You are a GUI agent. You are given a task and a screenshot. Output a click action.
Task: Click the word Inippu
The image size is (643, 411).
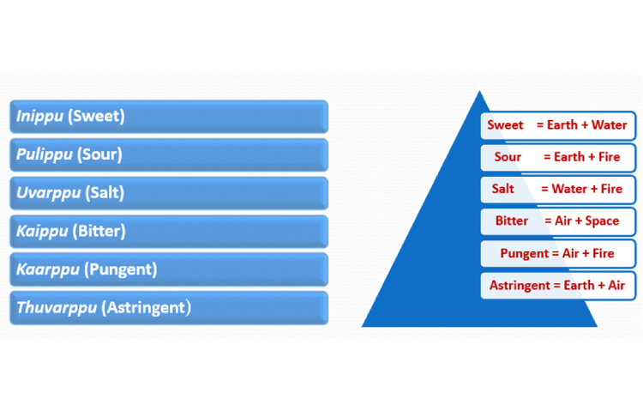pos(39,116)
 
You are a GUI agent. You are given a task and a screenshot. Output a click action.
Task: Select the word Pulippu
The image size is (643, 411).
pos(45,154)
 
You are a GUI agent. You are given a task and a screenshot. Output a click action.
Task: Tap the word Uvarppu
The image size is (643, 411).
pos(48,193)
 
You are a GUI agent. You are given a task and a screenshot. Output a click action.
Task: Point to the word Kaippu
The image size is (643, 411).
pos(42,232)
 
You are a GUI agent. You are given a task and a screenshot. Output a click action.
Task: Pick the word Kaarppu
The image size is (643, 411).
pos(47,269)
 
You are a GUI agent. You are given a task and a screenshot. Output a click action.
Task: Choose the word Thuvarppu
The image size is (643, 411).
pos(57,307)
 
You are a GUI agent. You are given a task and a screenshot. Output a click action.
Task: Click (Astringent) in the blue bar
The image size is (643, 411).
pos(146,307)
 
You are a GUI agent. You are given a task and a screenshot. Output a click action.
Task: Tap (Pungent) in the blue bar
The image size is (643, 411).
pos(121,269)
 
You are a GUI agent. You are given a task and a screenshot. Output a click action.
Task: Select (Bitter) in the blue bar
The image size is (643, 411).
pos(99,231)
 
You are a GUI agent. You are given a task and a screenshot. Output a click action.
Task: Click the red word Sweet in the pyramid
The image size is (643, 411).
pos(505,124)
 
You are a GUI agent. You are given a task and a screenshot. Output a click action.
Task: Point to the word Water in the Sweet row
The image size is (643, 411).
pos(609,124)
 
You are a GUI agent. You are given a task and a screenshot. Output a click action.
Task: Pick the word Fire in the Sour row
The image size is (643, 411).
pos(609,157)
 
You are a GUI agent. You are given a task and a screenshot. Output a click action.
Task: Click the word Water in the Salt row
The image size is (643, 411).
pos(569,189)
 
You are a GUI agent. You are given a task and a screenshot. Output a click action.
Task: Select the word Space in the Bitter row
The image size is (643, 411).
pos(602,221)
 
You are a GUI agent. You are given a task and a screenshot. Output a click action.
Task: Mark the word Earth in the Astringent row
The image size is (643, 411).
pos(579,286)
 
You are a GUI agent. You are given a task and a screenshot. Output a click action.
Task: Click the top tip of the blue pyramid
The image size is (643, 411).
pos(479,91)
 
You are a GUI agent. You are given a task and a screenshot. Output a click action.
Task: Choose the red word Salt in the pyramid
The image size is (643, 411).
pos(502,189)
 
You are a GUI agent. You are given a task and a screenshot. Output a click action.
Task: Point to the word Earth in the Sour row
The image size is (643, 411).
pos(569,157)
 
